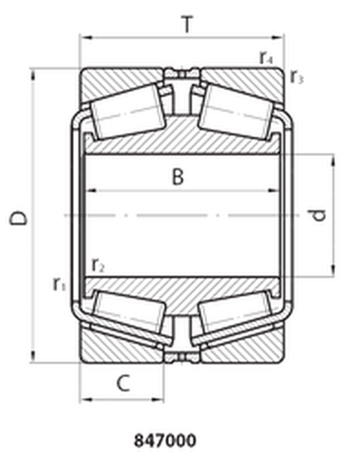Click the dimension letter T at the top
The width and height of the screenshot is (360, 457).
pyautogui.click(x=187, y=25)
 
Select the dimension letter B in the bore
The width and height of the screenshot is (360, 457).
pyautogui.click(x=178, y=176)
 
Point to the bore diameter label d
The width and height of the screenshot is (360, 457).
pyautogui.click(x=319, y=215)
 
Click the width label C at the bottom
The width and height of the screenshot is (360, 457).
pyautogui.click(x=123, y=383)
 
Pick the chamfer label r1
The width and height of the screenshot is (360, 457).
pyautogui.click(x=59, y=284)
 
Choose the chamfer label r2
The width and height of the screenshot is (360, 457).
pyautogui.click(x=98, y=265)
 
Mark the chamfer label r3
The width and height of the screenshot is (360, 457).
pyautogui.click(x=297, y=77)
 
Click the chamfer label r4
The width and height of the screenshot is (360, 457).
pyautogui.click(x=266, y=57)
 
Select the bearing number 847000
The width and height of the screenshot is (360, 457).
pyautogui.click(x=165, y=441)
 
